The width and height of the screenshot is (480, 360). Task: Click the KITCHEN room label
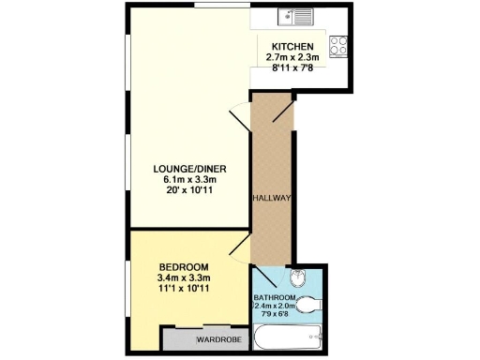(x=293, y=47)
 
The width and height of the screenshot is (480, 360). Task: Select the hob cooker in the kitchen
(x=337, y=45)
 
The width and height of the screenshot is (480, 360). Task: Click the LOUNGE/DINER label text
(x=190, y=169)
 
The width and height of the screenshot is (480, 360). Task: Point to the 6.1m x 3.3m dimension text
(x=190, y=180)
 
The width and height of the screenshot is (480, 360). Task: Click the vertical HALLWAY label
(x=273, y=199)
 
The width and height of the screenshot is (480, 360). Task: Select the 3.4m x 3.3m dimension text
(x=184, y=277)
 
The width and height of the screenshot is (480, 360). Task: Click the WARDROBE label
(x=214, y=338)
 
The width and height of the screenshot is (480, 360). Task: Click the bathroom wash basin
(x=297, y=277)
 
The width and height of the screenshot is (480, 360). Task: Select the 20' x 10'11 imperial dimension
(x=190, y=191)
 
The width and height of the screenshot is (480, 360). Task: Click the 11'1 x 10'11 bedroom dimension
(x=184, y=289)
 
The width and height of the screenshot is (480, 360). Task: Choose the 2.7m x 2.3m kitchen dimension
(x=292, y=58)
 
